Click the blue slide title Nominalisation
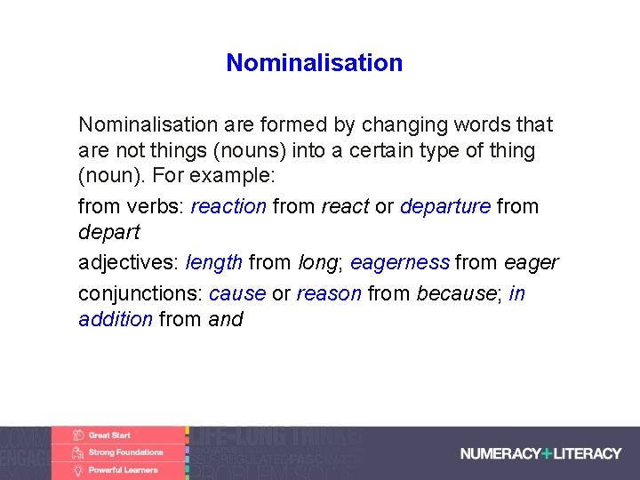[314, 63]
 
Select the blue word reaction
[228, 206]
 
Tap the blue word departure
[444, 206]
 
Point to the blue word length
[214, 262]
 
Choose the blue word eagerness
[399, 262]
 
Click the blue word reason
[329, 293]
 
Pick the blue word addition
[116, 319]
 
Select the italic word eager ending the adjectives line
[531, 262]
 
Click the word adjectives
[128, 262]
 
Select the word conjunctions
[140, 293]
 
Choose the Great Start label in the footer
[109, 436]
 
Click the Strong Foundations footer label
[125, 452]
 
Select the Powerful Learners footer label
[123, 470]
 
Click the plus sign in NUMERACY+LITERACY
[547, 453]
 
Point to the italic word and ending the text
[225, 319]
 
